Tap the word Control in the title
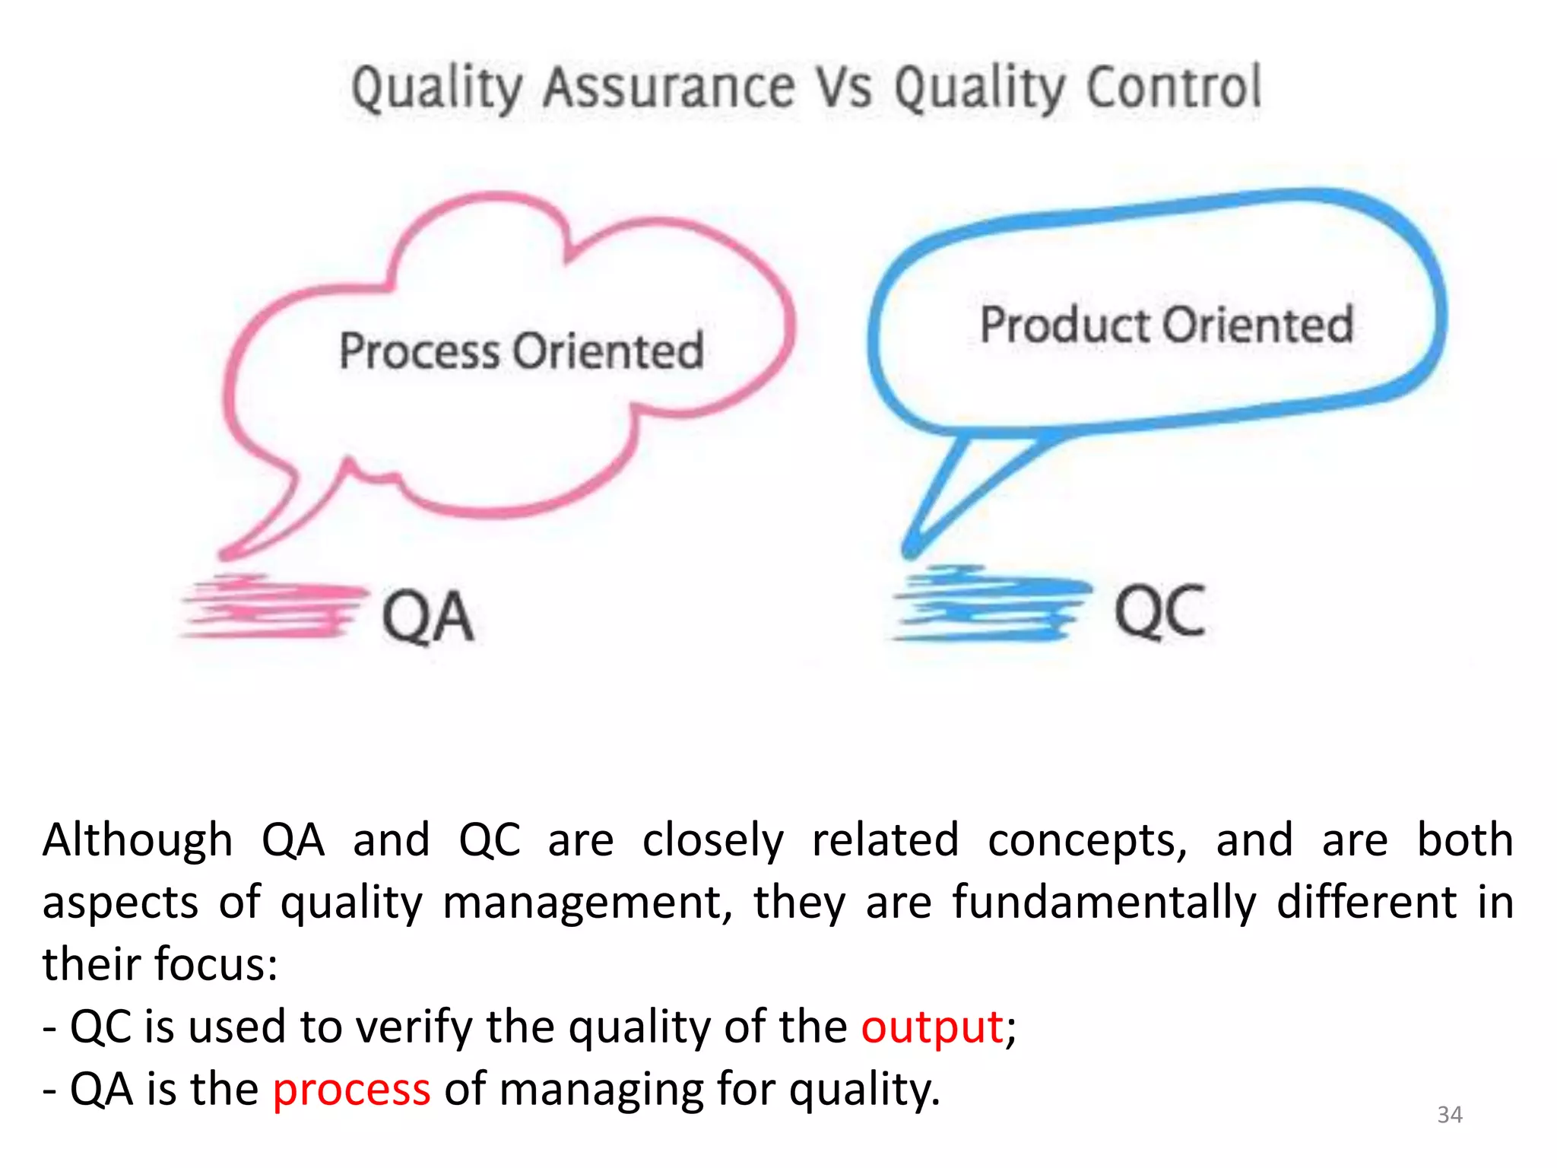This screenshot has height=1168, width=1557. (x=1174, y=87)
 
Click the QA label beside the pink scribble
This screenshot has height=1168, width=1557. (x=428, y=617)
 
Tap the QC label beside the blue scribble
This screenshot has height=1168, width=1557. (x=1160, y=611)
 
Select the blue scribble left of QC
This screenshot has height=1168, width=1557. (x=988, y=603)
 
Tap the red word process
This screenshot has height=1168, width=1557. (x=351, y=1089)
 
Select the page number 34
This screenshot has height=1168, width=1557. (x=1450, y=1115)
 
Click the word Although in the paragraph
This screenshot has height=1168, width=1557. (x=138, y=840)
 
